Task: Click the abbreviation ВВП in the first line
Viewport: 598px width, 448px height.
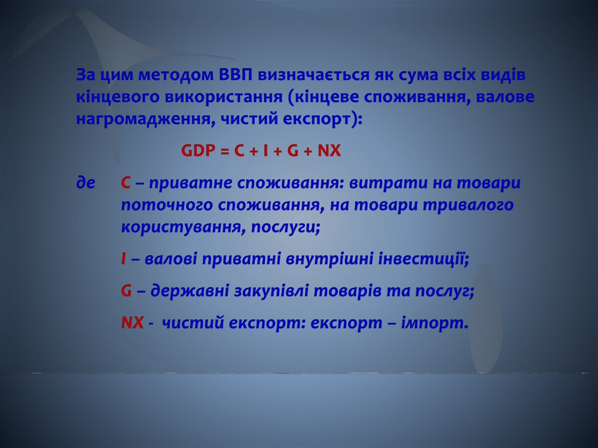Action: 236,75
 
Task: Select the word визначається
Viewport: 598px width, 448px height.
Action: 314,75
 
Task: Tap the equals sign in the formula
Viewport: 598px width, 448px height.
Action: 225,151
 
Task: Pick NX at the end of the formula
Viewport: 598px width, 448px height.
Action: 329,151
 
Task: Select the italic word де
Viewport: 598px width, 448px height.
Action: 85,183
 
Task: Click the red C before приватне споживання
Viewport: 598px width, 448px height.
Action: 126,183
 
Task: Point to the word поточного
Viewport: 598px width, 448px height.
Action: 166,205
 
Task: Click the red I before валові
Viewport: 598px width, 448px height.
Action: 123,259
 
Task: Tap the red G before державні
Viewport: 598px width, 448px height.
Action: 126,291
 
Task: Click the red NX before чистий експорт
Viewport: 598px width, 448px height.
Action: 133,323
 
